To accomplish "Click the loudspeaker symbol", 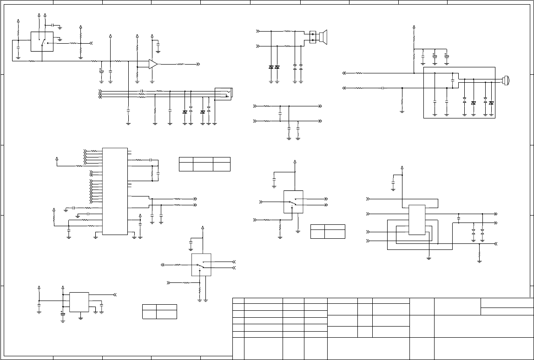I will [x=323, y=37].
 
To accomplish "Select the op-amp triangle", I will [x=153, y=65].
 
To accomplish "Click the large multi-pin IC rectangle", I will [x=115, y=191].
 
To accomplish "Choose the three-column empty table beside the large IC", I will [x=204, y=164].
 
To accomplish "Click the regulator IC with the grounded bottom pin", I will [x=79, y=301].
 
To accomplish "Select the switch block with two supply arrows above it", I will [x=42, y=41].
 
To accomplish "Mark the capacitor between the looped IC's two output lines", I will [x=459, y=218].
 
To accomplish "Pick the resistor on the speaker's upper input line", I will [x=288, y=31].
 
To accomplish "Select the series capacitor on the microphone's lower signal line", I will [x=382, y=88].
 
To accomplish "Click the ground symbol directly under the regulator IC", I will [x=81, y=318].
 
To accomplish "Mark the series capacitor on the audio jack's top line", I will [x=141, y=91].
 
